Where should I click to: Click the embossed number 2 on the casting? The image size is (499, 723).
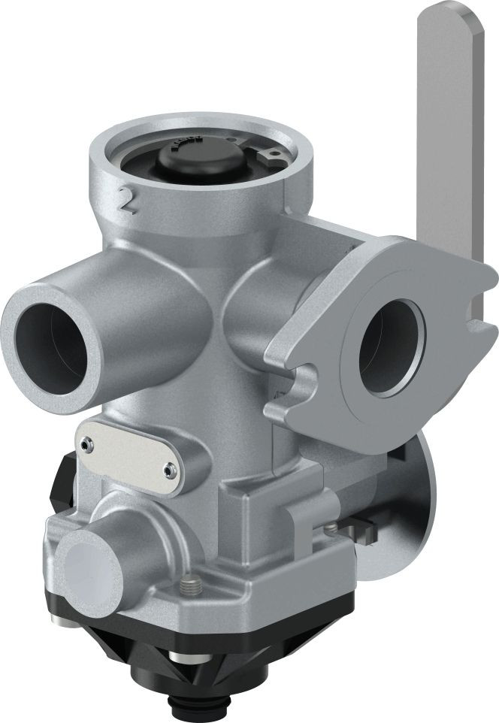(128, 200)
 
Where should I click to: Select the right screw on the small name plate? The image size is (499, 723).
(167, 471)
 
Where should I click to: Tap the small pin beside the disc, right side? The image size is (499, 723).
(331, 528)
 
